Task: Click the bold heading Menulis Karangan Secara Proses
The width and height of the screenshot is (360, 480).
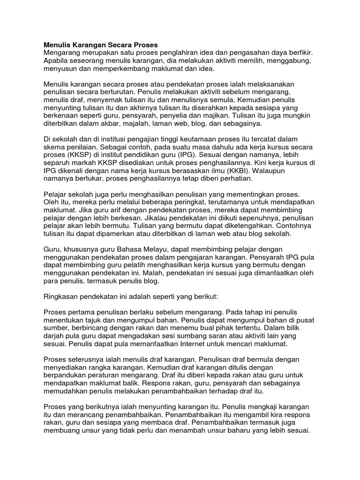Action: pyautogui.click(x=101, y=45)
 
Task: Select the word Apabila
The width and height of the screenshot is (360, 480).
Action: pyautogui.click(x=57, y=61)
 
